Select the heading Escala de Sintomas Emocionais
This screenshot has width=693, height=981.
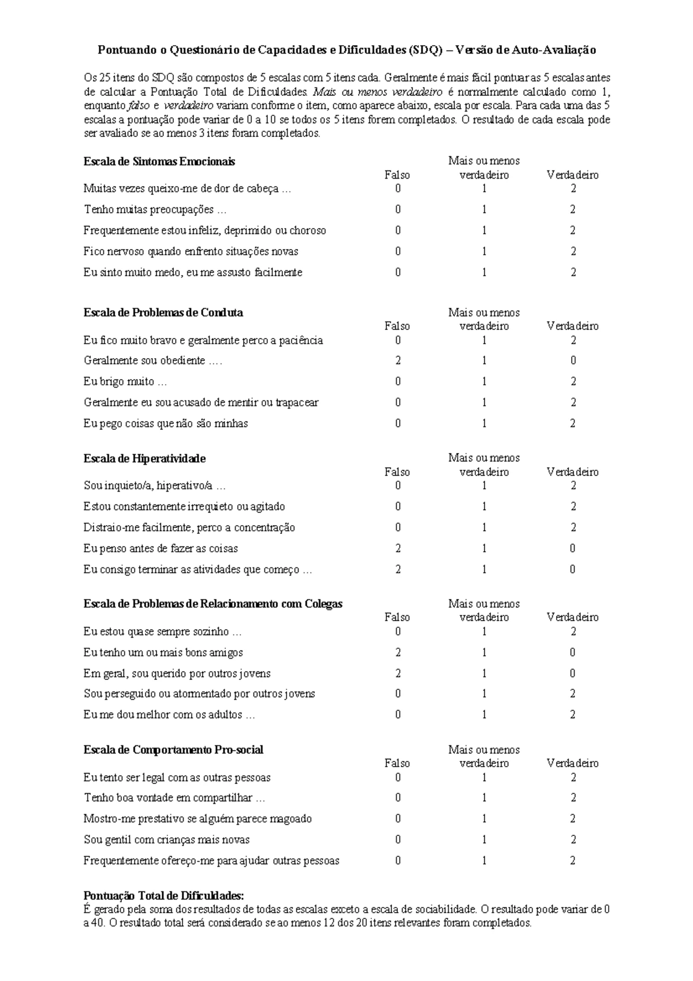pyautogui.click(x=159, y=162)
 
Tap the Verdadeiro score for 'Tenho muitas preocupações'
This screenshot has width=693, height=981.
pyautogui.click(x=572, y=210)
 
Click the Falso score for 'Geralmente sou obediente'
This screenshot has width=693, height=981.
pyautogui.click(x=398, y=361)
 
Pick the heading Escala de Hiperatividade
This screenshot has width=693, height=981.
pyautogui.click(x=145, y=459)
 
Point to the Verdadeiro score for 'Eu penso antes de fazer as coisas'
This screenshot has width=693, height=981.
pyautogui.click(x=572, y=548)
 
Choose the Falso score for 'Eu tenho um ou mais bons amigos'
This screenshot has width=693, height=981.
pyautogui.click(x=398, y=652)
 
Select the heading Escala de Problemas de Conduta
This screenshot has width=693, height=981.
pyautogui.click(x=163, y=313)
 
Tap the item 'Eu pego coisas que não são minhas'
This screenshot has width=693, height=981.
pyautogui.click(x=166, y=423)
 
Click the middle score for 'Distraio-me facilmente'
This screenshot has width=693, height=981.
pyautogui.click(x=484, y=527)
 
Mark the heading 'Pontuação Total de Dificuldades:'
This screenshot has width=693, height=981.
pyautogui.click(x=164, y=896)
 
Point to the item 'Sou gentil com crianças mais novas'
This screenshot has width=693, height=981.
pyautogui.click(x=166, y=839)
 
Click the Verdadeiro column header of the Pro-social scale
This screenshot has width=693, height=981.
pyautogui.click(x=572, y=763)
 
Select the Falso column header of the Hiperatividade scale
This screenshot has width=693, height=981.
pyautogui.click(x=397, y=472)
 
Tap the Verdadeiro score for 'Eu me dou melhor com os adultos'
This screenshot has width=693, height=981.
pyautogui.click(x=572, y=715)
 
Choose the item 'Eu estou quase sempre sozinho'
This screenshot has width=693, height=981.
pyautogui.click(x=162, y=631)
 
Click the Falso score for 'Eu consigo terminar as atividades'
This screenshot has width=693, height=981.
pyautogui.click(x=398, y=570)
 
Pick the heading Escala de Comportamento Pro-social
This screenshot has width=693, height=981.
pyautogui.click(x=173, y=750)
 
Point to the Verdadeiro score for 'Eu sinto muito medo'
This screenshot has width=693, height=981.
pyautogui.click(x=572, y=272)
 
